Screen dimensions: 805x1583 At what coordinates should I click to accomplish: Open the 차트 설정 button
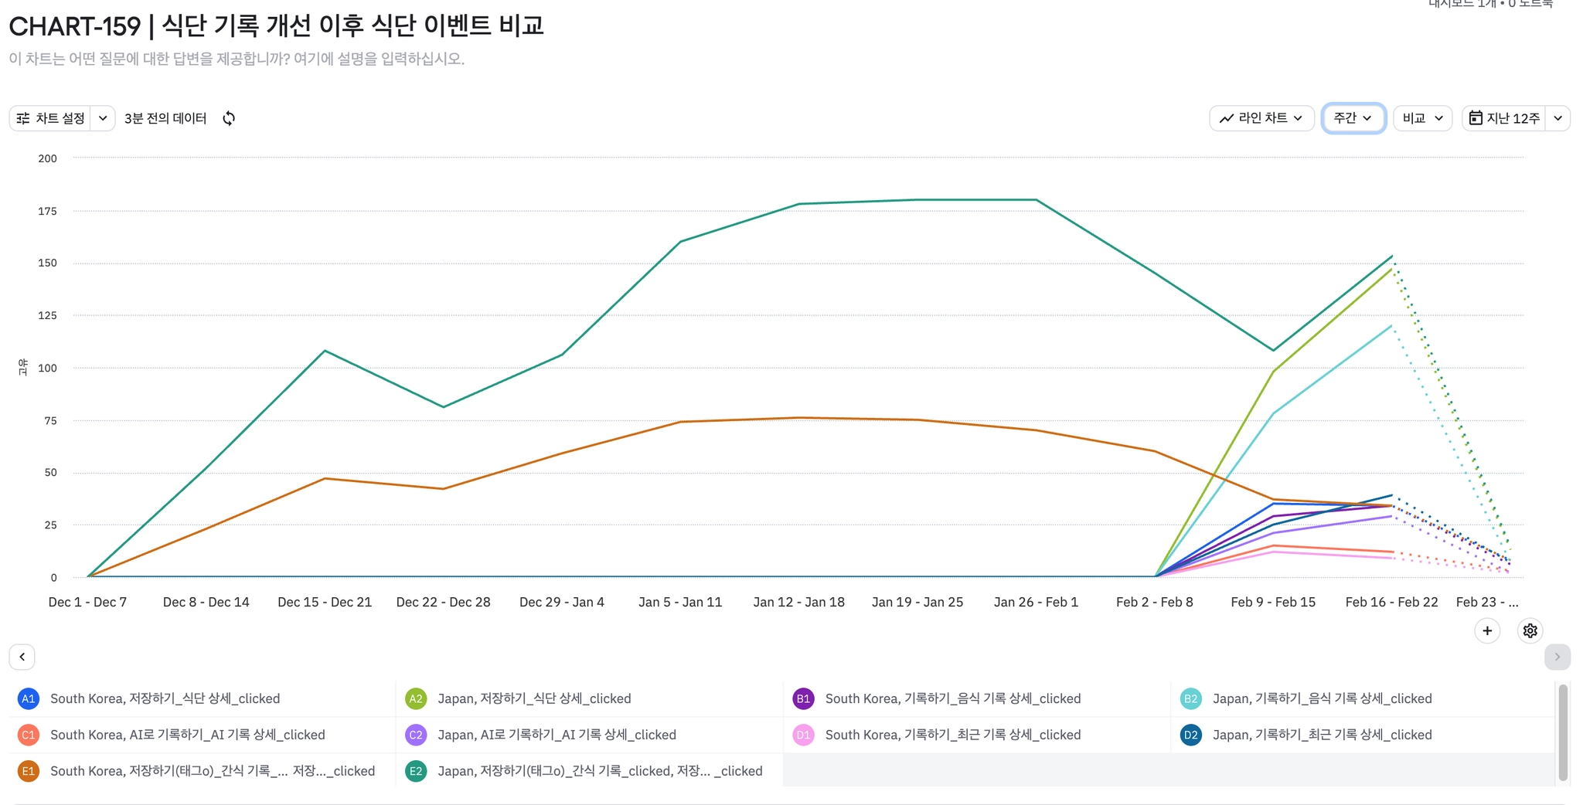click(x=51, y=118)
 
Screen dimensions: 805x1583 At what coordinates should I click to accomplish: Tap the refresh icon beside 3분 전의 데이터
click(x=229, y=118)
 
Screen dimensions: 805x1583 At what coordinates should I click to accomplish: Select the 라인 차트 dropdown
click(x=1261, y=118)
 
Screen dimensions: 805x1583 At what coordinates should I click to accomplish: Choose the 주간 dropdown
click(x=1353, y=118)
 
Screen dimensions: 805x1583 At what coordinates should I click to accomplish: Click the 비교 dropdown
click(x=1422, y=118)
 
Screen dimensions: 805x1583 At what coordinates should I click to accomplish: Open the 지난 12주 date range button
click(x=1504, y=118)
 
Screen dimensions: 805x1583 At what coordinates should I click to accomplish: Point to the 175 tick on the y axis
click(x=48, y=211)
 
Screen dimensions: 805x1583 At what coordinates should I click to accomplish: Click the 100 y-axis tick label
click(x=48, y=368)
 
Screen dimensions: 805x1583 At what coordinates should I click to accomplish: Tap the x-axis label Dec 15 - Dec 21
click(x=325, y=602)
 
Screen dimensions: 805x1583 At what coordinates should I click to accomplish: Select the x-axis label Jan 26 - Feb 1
click(x=1036, y=602)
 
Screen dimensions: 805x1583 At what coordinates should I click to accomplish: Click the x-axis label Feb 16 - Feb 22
click(x=1391, y=602)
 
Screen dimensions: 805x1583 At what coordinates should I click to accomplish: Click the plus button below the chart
click(x=1487, y=630)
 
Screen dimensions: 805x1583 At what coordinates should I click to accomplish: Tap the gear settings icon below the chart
click(x=1530, y=630)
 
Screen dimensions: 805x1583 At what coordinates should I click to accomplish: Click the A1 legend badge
click(x=29, y=698)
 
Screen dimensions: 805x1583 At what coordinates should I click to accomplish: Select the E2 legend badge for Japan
click(x=416, y=771)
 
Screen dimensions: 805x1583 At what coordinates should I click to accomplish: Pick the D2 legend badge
click(x=1190, y=735)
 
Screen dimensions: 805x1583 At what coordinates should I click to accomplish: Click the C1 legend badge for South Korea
click(x=29, y=735)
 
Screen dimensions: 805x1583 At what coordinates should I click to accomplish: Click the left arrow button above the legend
click(x=22, y=657)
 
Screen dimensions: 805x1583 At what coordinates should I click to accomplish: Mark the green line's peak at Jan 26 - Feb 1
click(x=1036, y=200)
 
